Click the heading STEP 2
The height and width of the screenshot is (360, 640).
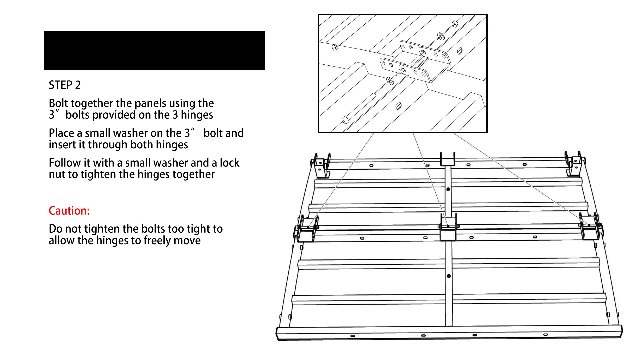pyautogui.click(x=65, y=85)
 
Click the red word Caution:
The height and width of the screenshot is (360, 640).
pyautogui.click(x=69, y=211)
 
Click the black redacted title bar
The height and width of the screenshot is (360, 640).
pyautogui.click(x=154, y=51)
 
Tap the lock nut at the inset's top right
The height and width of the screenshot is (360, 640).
pyautogui.click(x=454, y=24)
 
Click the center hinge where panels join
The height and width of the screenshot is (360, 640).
pyautogui.click(x=448, y=228)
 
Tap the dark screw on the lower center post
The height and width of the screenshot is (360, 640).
pyautogui.click(x=449, y=276)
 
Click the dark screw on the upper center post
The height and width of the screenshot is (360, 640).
pyautogui.click(x=448, y=189)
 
